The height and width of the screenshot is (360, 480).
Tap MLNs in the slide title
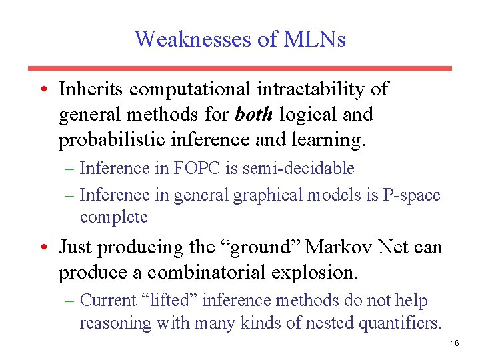coord(315,39)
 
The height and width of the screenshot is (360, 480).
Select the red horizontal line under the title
coord(239,68)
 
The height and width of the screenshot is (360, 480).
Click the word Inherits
coord(91,89)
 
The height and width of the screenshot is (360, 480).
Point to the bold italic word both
coord(253,115)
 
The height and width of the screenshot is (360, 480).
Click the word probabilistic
coord(109,140)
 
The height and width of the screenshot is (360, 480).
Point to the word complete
coord(113,217)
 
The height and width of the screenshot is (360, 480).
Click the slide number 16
coord(455,343)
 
